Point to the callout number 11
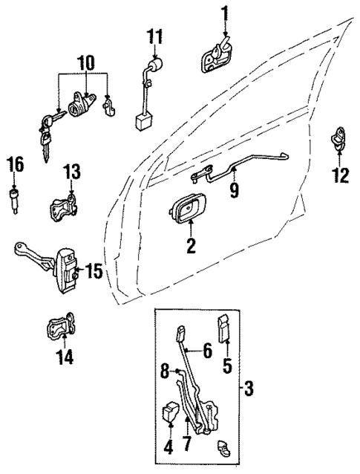click(154, 35)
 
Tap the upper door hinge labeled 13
click(67, 206)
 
